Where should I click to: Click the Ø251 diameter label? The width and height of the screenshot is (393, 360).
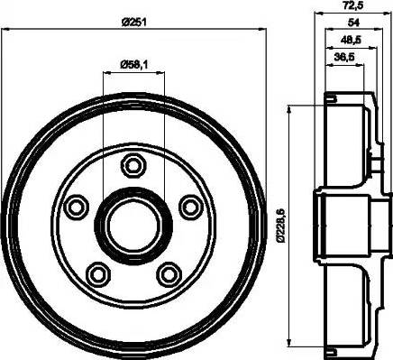pos(134,21)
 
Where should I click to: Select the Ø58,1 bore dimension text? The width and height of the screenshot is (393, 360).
pos(134,62)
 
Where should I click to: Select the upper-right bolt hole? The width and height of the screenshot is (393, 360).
pos(189,206)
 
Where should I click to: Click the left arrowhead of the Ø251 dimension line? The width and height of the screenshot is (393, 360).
pos(5,30)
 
